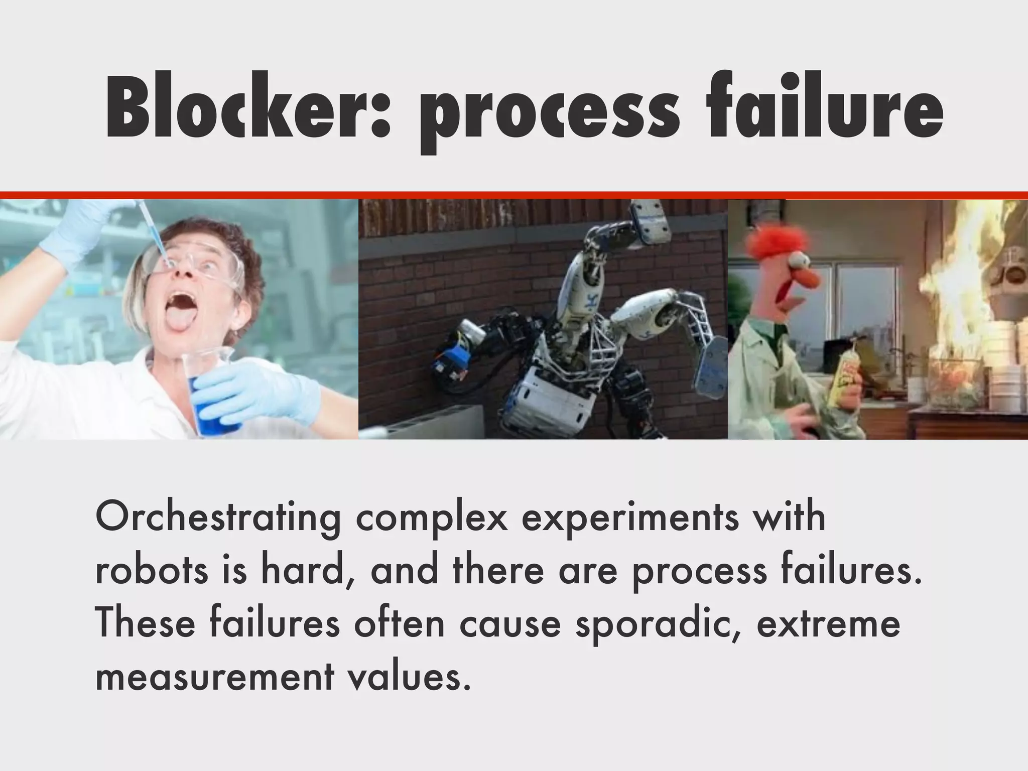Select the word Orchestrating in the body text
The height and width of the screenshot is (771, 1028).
218,517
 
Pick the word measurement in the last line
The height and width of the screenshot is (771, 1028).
214,677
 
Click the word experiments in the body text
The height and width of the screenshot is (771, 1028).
630,518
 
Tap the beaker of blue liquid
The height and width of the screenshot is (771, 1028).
211,397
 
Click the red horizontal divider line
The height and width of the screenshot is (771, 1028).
514,195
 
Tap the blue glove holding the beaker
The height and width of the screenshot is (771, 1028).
251,392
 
